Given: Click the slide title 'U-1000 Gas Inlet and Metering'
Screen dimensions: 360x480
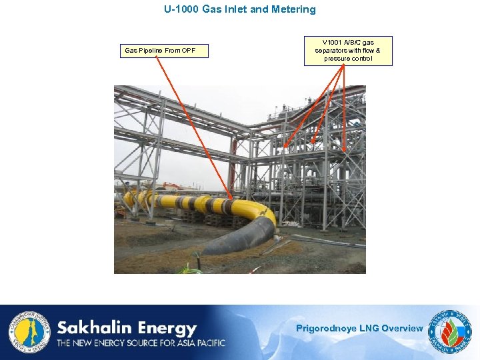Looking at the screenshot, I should click(240, 10).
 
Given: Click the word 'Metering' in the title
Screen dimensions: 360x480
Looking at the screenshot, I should click(293, 10).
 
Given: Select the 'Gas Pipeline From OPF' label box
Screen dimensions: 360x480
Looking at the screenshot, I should click(164, 51).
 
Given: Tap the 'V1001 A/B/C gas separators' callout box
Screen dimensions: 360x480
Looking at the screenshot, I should click(348, 51).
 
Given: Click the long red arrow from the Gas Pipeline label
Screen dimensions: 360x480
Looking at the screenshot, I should click(193, 127).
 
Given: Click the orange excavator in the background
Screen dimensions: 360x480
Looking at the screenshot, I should click(172, 186).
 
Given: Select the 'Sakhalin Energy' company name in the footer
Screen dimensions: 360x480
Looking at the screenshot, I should click(127, 328).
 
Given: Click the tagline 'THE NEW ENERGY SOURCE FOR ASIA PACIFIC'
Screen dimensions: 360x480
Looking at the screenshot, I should click(141, 343).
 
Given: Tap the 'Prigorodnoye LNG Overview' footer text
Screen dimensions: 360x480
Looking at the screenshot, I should click(359, 328).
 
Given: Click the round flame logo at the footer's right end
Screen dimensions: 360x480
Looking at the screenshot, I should click(452, 331).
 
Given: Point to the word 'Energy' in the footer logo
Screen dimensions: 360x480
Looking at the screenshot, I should click(166, 328).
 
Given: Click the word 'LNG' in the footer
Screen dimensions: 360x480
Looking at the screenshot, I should click(369, 328).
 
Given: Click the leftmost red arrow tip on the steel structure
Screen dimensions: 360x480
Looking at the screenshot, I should click(285, 146).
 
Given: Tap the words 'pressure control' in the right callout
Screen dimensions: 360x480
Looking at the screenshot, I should click(348, 59).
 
